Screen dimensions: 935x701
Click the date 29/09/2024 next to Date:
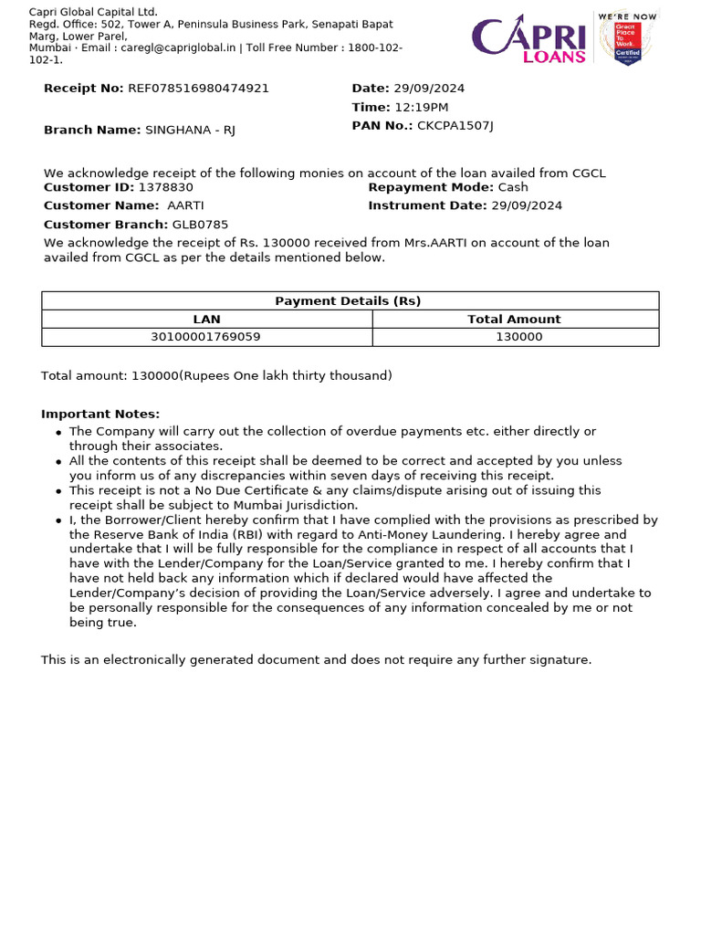tap(429, 89)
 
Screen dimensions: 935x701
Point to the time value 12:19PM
tap(421, 108)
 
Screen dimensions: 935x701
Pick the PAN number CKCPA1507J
tap(455, 126)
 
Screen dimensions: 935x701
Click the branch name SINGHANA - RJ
tap(190, 131)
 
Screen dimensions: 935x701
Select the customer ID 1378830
tap(165, 187)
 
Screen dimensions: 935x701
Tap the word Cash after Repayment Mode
tap(513, 187)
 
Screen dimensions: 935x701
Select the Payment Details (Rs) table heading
tap(349, 301)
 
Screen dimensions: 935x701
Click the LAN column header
tap(206, 320)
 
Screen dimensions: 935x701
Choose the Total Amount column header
tap(514, 320)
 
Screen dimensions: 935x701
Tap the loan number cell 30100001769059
tap(206, 337)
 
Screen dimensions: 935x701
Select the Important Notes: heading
tap(100, 414)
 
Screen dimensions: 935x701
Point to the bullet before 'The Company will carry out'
tap(58, 433)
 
